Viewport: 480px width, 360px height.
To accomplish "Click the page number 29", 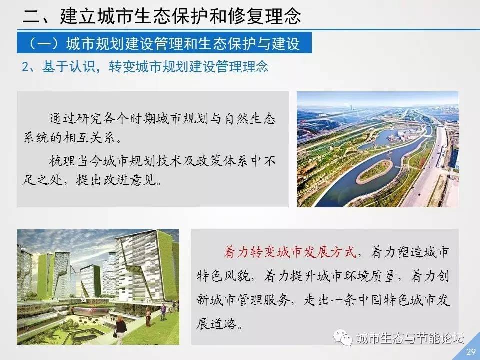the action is tap(471, 351).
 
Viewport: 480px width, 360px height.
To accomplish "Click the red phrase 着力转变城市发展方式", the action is tap(290, 252).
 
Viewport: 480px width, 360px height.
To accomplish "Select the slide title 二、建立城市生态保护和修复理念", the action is tap(162, 16).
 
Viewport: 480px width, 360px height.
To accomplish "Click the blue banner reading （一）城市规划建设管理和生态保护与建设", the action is tap(164, 43).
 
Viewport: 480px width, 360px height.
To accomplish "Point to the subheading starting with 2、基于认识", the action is tap(145, 66).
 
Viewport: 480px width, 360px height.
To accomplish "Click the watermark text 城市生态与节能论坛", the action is tap(410, 338).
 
